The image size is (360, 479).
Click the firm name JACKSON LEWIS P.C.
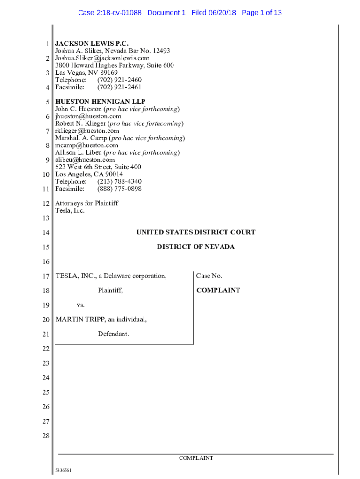point(92,44)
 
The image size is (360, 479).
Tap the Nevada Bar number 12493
point(160,51)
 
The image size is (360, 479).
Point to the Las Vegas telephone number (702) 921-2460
point(119,80)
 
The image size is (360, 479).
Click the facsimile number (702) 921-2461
point(119,87)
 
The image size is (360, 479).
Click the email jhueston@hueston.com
point(88,116)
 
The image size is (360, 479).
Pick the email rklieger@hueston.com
point(87,131)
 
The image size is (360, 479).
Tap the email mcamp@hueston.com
point(86,145)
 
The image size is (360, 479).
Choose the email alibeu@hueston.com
point(85,160)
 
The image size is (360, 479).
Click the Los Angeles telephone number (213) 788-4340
point(119,181)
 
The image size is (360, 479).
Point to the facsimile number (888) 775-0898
point(119,189)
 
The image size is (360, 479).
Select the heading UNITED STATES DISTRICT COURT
point(195,232)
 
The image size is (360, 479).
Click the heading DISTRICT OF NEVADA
point(195,247)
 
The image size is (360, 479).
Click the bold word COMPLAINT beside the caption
point(218,290)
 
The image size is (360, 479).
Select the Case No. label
point(209,276)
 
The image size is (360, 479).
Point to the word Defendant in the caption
point(113,334)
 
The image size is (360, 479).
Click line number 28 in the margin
point(45,436)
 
